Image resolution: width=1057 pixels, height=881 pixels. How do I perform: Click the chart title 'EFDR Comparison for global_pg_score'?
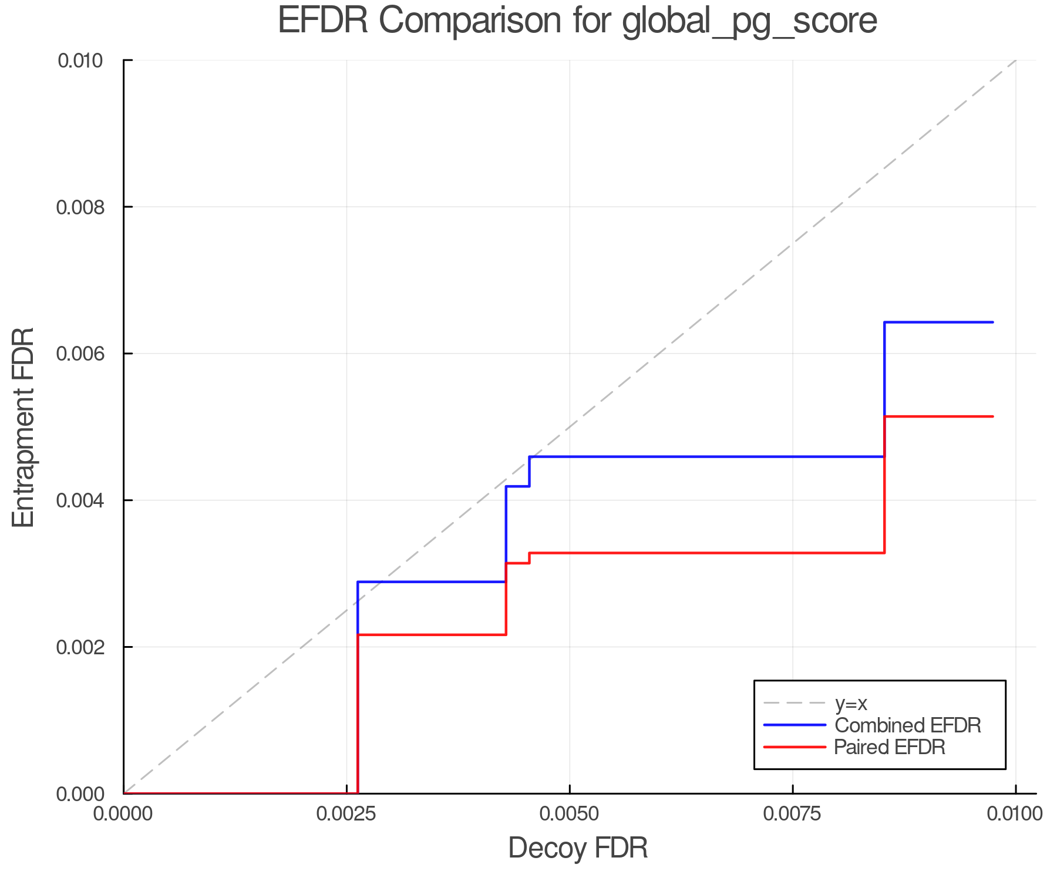577,21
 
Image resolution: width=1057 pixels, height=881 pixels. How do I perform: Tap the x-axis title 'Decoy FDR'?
578,848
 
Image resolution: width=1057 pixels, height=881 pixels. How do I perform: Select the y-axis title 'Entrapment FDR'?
23,427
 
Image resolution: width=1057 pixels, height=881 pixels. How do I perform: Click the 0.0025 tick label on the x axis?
346,814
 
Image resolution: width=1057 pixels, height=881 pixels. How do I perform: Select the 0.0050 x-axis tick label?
569,814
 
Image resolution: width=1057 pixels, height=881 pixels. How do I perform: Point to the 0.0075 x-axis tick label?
792,814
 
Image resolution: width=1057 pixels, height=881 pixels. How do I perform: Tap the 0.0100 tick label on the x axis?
1015,814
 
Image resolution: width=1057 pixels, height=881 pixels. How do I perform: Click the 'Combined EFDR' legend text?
908,725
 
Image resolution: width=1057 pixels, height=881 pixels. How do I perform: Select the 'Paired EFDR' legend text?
890,747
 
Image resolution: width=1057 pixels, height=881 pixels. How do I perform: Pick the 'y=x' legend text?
851,703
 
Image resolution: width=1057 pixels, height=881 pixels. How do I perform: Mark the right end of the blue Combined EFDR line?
992,322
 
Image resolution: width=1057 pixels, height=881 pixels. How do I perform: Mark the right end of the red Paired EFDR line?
992,416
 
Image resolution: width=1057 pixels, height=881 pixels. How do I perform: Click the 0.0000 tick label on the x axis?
123,814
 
